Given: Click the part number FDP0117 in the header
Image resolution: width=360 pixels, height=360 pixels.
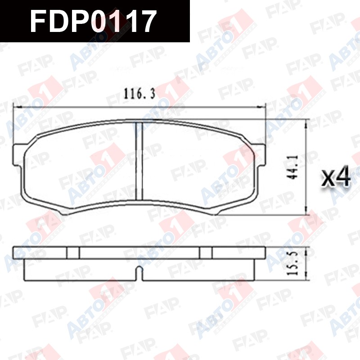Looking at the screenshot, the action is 93,22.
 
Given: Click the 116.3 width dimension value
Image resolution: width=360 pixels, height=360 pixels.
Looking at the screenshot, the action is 139,94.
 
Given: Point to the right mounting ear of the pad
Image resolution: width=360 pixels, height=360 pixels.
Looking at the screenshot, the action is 260,154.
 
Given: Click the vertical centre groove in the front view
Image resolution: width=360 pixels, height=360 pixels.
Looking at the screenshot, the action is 139,161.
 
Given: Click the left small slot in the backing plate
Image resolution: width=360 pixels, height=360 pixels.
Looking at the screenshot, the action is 73,253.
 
